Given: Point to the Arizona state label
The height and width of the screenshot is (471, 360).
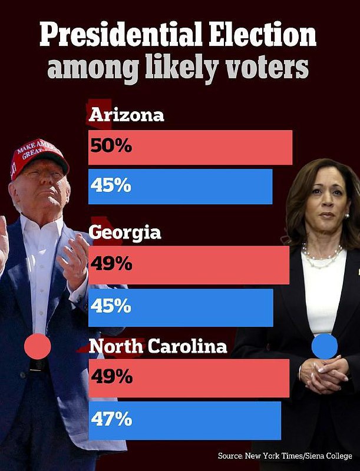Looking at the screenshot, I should pos(126,115).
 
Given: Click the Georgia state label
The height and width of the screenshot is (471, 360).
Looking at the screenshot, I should pos(125,233).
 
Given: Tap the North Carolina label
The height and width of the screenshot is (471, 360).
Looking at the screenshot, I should pos(157,347).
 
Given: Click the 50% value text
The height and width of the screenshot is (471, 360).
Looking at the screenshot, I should pos(111,147).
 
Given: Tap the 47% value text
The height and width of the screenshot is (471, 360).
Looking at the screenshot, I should pos(111,420).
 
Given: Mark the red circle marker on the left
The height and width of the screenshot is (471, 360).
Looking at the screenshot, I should pos(37,345).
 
